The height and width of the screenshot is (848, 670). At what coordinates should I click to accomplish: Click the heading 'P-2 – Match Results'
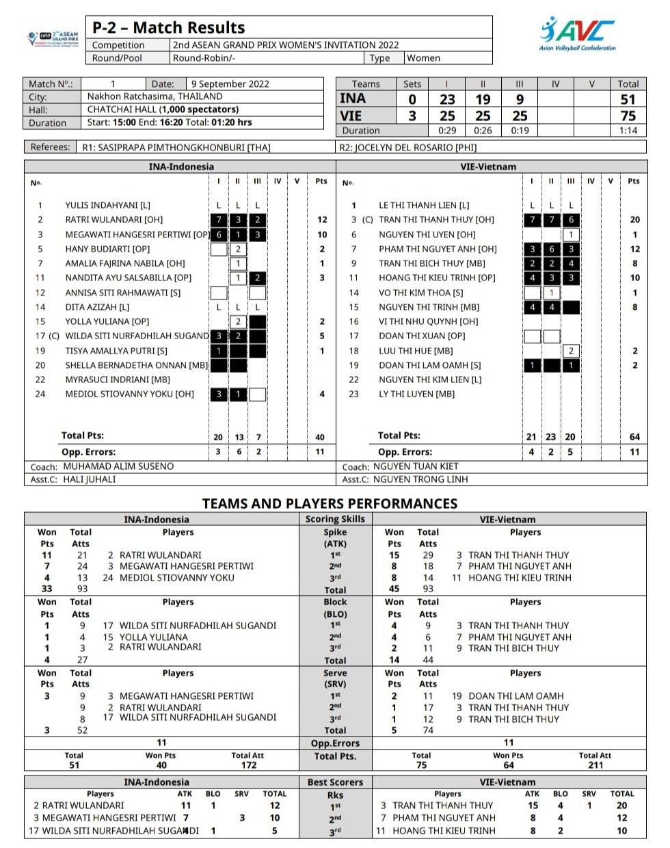168,28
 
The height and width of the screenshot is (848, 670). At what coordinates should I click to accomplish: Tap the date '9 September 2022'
230,84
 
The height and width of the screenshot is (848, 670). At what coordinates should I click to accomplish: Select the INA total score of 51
628,99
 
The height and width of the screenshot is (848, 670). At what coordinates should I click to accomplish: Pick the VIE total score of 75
628,116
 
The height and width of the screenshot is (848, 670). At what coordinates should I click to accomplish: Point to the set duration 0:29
447,131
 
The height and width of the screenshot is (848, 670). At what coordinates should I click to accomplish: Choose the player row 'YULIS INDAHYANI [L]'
107,205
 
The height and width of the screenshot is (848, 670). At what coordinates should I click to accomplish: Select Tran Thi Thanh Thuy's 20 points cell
634,220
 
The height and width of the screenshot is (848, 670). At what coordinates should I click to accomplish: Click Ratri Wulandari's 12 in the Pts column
322,220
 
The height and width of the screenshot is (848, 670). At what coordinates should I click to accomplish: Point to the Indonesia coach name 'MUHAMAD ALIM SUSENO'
118,466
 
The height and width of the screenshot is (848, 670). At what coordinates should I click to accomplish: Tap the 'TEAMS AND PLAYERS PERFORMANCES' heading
330,504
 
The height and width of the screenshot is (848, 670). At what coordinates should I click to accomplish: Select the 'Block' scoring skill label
335,602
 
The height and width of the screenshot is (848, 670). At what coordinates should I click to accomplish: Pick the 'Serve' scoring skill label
335,673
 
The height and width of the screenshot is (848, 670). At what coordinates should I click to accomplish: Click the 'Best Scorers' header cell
335,782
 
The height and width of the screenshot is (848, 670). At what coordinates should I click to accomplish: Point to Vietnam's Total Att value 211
595,765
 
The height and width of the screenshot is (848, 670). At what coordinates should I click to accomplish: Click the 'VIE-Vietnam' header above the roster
488,166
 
